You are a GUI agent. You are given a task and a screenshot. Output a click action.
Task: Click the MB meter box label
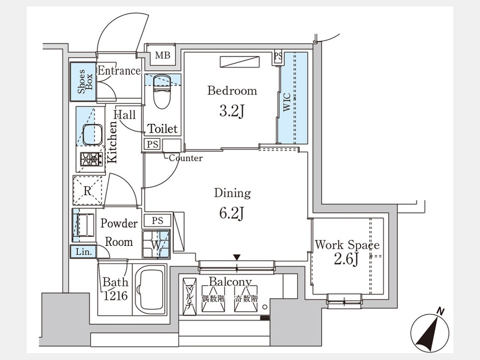click(163, 55)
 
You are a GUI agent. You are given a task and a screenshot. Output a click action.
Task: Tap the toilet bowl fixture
click(162, 92)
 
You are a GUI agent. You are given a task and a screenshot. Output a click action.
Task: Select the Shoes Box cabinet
click(83, 82)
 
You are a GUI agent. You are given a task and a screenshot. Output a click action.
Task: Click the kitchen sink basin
click(92, 134)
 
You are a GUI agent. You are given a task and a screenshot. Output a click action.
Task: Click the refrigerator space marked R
click(87, 190)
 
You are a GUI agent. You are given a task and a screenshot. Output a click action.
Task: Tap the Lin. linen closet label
click(84, 252)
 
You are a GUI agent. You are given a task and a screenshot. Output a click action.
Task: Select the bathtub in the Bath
click(150, 290)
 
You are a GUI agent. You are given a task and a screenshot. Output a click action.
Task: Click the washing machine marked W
click(156, 244)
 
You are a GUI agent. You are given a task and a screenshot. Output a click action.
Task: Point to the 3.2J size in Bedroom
click(232, 111)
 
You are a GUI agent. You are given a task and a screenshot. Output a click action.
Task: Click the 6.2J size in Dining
click(232, 213)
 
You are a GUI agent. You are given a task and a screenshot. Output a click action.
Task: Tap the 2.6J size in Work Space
click(346, 259)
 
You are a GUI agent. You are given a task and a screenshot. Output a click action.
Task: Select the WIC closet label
click(287, 102)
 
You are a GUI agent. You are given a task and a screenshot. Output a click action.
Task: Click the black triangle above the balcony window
click(237, 257)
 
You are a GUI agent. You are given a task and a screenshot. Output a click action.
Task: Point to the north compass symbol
click(430, 332)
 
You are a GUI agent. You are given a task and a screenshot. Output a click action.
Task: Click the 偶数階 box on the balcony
click(213, 299)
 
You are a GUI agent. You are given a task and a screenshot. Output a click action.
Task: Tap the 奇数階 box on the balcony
click(246, 299)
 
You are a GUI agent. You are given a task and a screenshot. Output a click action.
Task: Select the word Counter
click(186, 158)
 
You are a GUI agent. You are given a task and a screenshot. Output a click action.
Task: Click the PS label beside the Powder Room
click(157, 220)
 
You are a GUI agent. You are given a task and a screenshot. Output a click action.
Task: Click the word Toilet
click(163, 129)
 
